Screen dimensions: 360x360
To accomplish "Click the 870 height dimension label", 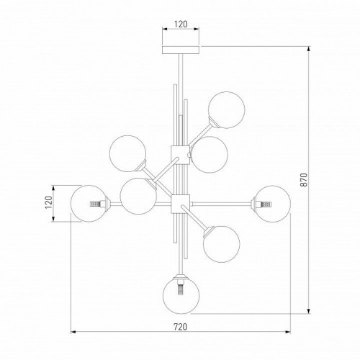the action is pos(304,180).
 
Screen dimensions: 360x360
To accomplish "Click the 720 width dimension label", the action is pos(180,327).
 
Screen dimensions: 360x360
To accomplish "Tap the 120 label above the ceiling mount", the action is pos(181,24).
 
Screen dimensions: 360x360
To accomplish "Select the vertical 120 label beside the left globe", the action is pos(49,202).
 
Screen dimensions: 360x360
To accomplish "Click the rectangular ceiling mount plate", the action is pos(181,50).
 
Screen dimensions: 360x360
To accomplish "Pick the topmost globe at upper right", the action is pos(226,110).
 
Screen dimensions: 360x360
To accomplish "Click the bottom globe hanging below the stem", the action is pos(181,295).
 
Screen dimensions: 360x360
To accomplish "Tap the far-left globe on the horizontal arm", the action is pos(89,204).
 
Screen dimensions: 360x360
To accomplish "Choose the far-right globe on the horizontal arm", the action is pos(272,204).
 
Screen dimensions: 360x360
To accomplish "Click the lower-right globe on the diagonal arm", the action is pos(221,244).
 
